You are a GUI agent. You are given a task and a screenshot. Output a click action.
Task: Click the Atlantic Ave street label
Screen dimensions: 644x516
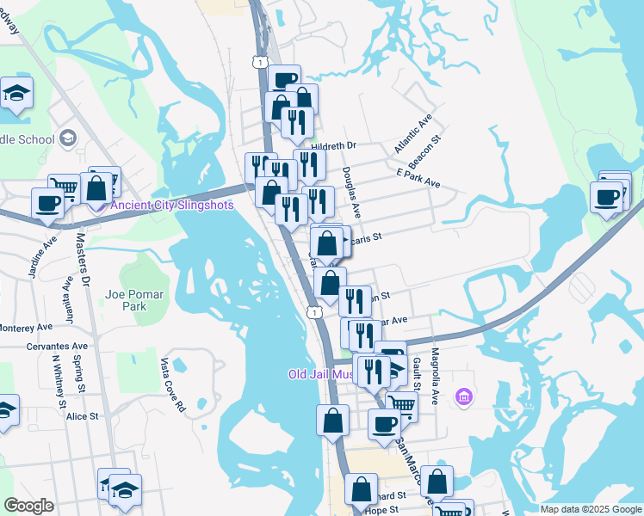click(412, 133)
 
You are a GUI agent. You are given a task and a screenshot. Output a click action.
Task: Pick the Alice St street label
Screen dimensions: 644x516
click(83, 416)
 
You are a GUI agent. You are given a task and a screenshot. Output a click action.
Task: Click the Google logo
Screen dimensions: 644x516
click(28, 506)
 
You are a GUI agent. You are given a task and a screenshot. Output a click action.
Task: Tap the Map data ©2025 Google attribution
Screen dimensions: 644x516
click(590, 509)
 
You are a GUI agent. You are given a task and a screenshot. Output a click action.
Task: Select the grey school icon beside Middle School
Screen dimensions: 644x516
click(68, 139)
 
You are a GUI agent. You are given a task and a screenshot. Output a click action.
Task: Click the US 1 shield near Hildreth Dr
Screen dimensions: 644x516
click(259, 61)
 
